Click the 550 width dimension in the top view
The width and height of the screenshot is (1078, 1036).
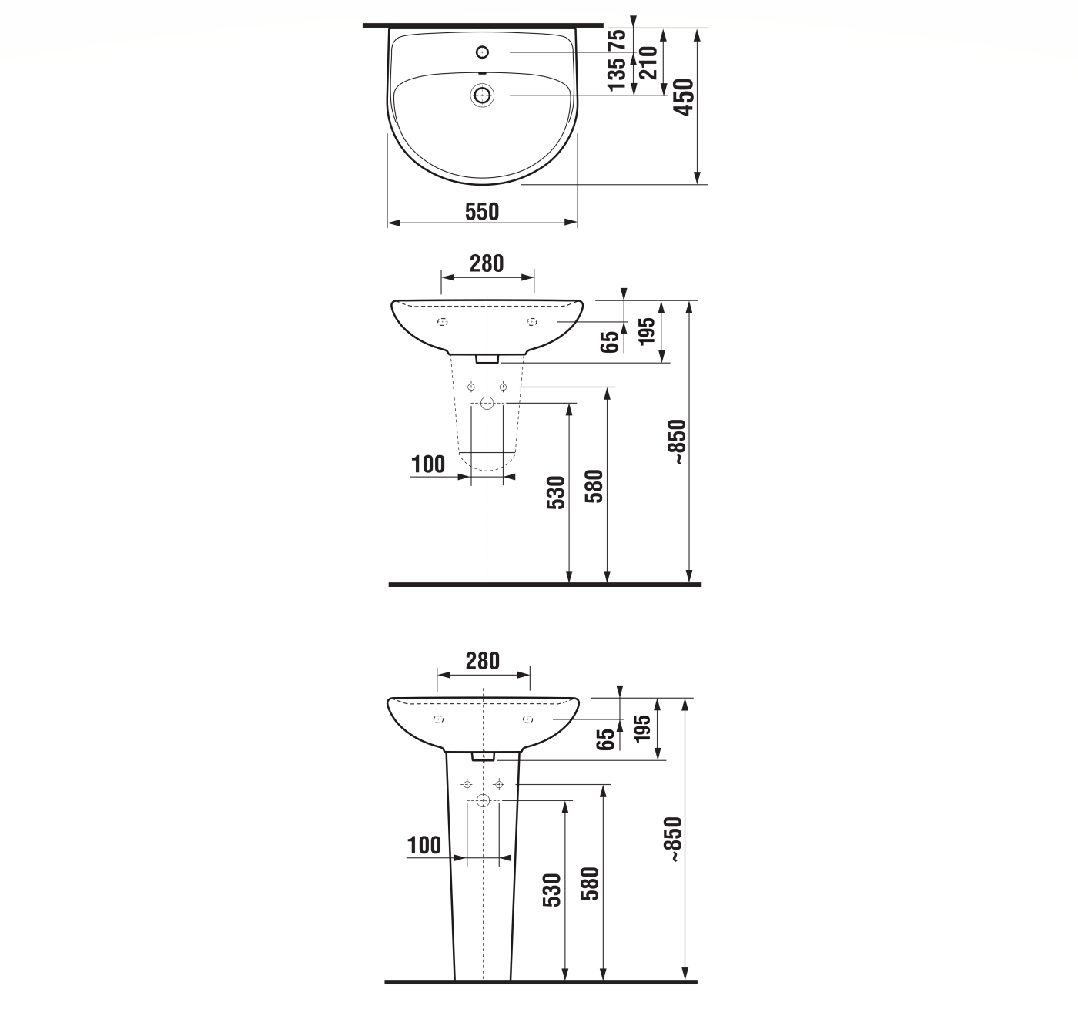(482, 211)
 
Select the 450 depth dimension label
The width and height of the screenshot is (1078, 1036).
(684, 97)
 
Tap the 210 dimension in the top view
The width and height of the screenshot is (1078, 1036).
(648, 63)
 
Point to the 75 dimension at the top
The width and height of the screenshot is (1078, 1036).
(618, 40)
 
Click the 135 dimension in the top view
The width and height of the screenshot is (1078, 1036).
(618, 75)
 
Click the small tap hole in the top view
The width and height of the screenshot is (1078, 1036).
(483, 52)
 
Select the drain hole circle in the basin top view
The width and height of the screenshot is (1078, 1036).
(483, 96)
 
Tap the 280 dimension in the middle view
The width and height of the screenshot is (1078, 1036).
(487, 263)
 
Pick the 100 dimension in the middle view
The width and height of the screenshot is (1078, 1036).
(428, 464)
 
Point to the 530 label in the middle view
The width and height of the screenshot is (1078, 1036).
(556, 492)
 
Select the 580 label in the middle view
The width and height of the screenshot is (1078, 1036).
(594, 486)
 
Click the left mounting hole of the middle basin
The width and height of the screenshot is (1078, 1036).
(443, 321)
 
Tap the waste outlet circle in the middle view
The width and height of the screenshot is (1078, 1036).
(487, 403)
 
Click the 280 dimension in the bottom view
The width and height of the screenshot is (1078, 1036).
(483, 661)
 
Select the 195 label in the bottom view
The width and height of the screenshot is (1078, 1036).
(643, 728)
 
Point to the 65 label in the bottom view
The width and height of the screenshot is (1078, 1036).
(607, 739)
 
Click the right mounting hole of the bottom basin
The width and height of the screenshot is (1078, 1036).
(527, 719)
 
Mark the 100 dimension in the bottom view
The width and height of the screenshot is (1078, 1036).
(424, 845)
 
